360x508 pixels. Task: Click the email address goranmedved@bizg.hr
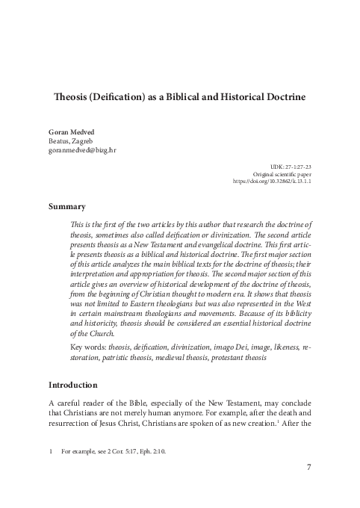[x=82, y=150]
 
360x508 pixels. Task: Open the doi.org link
[x=272, y=180]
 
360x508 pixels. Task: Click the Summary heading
[x=66, y=206]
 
